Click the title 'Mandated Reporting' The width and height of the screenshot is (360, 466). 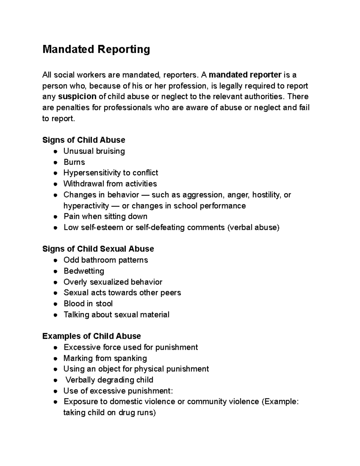click(96, 49)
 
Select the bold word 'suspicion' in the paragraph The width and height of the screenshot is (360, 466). click(77, 97)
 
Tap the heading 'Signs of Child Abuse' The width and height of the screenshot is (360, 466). click(84, 140)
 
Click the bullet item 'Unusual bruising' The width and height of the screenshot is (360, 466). click(94, 151)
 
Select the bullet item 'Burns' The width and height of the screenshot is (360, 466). click(74, 162)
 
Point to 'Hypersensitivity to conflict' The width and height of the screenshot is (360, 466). click(111, 173)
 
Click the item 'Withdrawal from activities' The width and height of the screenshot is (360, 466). click(110, 184)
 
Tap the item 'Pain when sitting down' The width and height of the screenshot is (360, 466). click(105, 216)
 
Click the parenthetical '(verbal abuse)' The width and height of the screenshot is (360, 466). click(253, 227)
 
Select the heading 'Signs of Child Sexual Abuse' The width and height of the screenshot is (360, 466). click(98, 249)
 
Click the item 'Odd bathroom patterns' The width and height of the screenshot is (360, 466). click(106, 260)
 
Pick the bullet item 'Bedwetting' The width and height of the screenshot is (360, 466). click(84, 271)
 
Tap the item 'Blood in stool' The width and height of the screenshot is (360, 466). click(88, 304)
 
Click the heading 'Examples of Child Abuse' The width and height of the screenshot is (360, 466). click(91, 336)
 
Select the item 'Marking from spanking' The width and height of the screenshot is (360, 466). click(105, 358)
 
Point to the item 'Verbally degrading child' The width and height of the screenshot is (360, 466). click(109, 380)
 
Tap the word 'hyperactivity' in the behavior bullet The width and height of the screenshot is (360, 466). click(86, 206)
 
